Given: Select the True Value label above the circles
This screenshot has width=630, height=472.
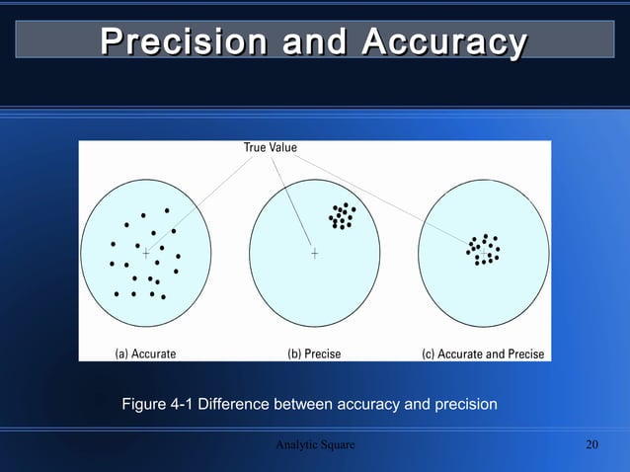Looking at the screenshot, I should coord(271,148).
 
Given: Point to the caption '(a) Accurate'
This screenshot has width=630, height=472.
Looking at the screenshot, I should coord(139,354).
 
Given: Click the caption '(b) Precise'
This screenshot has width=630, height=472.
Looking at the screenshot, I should coord(314,354).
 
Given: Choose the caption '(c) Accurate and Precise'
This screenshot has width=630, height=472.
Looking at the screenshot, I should coord(483,354).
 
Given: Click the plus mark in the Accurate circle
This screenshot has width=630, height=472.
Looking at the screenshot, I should coord(146,254).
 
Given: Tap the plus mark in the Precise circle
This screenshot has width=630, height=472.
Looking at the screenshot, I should coord(314,254).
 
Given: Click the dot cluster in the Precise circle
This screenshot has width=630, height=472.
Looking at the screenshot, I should coord(342,216).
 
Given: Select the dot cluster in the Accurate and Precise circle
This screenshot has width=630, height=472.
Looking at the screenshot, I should coord(484,250).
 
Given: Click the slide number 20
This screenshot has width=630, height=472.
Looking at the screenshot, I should coord(592,445).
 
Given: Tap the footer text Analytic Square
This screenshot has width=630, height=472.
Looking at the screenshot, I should coord(315,445).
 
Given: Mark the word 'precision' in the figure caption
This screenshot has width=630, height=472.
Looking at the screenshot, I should coord(465,404).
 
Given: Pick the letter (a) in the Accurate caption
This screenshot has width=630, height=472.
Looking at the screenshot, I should coord(113,354).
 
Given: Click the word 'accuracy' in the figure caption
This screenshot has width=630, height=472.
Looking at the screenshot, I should coord(370,404).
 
